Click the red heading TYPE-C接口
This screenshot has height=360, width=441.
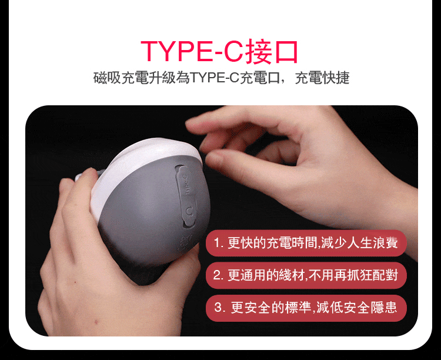pyautogui.click(x=219, y=52)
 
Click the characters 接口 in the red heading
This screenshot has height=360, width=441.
pyautogui.click(x=272, y=52)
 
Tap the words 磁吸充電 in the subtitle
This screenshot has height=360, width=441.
pyautogui.click(x=121, y=78)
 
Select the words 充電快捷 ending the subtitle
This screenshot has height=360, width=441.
pyautogui.click(x=322, y=78)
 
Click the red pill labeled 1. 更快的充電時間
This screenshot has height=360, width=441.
pyautogui.click(x=306, y=243)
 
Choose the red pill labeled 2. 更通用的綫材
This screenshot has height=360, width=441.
pyautogui.click(x=306, y=275)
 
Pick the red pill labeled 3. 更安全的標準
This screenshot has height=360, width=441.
pyautogui.click(x=306, y=308)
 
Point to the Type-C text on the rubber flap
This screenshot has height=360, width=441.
pyautogui.click(x=187, y=185)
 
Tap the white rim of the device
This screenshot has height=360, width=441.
pyautogui.click(x=141, y=158)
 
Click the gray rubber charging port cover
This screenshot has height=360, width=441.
pyautogui.click(x=186, y=196)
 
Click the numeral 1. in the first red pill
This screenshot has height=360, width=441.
pyautogui.click(x=218, y=243)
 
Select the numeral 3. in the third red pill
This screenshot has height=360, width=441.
pyautogui.click(x=220, y=308)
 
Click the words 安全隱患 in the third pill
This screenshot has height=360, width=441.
pyautogui.click(x=370, y=308)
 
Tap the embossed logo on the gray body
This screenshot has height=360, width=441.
pyautogui.click(x=185, y=244)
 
